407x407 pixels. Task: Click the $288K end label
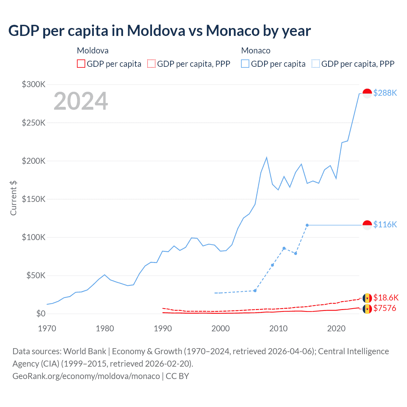click(385, 93)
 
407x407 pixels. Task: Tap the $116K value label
click(385, 224)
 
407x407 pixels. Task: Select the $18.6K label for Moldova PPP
click(386, 298)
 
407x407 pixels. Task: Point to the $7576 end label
click(384, 308)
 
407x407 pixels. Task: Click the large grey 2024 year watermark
click(81, 101)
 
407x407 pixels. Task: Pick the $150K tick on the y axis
click(34, 199)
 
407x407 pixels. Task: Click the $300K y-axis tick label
click(34, 84)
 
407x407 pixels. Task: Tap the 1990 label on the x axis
click(162, 328)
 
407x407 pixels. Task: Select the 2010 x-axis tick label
click(278, 328)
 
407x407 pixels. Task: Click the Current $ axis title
click(13, 198)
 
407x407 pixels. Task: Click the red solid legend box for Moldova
click(81, 64)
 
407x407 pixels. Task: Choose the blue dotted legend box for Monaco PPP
click(316, 64)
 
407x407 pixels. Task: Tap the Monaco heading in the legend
click(256, 51)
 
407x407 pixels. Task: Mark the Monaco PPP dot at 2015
click(307, 225)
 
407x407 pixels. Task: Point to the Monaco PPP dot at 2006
click(255, 291)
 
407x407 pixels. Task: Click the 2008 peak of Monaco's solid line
click(266, 157)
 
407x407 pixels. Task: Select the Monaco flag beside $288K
click(367, 93)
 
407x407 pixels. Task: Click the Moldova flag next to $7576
click(367, 309)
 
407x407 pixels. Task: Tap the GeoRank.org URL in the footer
click(86, 376)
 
